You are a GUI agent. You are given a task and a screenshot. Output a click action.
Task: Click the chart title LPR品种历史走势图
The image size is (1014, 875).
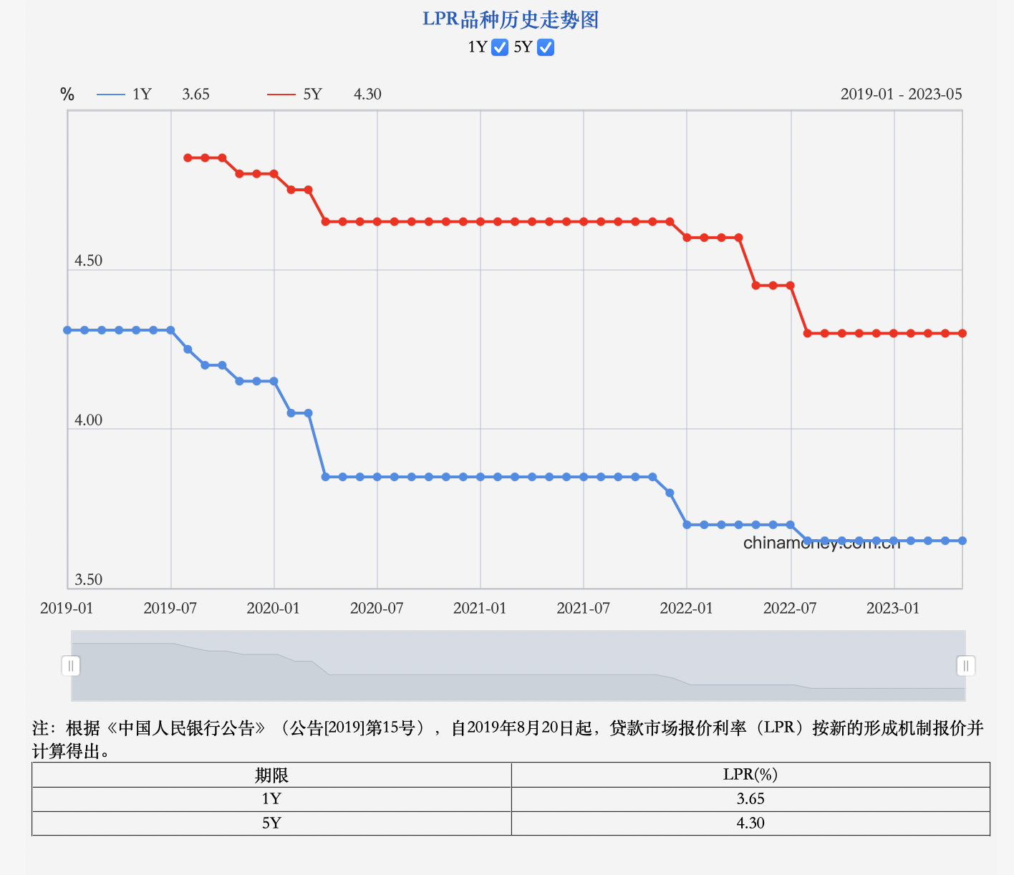click(511, 19)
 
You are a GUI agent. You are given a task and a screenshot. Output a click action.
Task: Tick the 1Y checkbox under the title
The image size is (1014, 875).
click(500, 47)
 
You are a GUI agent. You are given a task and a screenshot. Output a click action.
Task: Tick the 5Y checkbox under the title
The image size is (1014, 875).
click(546, 47)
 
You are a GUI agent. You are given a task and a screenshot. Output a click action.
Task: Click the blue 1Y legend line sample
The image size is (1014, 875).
click(111, 95)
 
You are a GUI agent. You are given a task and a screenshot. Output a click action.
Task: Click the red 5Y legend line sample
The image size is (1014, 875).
click(281, 95)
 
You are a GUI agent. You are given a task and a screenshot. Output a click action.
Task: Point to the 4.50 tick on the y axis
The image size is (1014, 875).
click(89, 261)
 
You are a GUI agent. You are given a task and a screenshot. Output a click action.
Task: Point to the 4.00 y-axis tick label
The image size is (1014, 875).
click(89, 420)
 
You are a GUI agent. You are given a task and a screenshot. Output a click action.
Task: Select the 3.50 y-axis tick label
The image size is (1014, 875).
click(89, 579)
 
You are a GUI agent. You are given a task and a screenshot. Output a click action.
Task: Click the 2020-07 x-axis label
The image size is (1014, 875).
click(377, 608)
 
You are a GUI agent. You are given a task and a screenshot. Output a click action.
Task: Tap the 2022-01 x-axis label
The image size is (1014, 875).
click(686, 608)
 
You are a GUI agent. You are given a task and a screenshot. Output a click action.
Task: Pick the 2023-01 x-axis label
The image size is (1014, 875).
click(893, 608)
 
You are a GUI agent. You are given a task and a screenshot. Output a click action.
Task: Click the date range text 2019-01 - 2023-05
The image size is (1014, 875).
click(901, 95)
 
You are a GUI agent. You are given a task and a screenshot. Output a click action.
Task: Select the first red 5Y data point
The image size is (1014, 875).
click(188, 158)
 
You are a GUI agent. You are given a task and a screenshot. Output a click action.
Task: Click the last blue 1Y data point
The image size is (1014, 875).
click(962, 541)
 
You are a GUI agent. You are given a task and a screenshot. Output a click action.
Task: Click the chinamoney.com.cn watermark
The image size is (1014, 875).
click(821, 543)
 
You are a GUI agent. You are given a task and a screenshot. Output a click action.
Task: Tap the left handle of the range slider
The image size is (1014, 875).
click(71, 666)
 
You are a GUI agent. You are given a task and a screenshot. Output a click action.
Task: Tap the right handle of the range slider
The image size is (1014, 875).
click(966, 666)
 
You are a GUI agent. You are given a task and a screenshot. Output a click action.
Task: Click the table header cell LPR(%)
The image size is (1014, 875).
click(750, 775)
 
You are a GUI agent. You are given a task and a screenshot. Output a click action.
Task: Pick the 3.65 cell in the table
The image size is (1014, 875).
click(750, 799)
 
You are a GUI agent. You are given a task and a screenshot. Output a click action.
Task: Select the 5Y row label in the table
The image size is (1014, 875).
click(271, 823)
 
